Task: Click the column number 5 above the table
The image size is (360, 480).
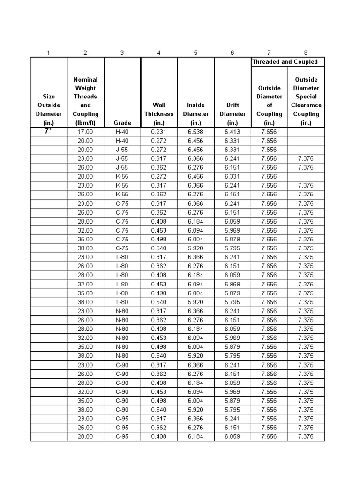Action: coord(195,52)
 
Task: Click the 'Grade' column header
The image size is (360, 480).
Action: coord(122,123)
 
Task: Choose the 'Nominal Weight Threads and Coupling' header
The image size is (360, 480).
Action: coord(85,101)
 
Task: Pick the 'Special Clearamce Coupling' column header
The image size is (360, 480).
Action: coord(306,101)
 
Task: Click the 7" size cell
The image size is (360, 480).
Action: coord(49,132)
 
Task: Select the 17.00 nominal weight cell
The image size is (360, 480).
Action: coord(85,132)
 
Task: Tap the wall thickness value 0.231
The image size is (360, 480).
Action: coord(159,132)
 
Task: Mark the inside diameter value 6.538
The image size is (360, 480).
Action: coord(195,132)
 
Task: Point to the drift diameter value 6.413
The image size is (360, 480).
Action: coord(232,132)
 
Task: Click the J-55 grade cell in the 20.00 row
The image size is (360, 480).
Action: coord(122,150)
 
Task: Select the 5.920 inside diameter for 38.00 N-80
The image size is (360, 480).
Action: coord(195,356)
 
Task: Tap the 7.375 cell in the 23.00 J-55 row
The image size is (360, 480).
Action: coord(306,158)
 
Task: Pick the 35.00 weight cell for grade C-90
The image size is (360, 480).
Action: coord(85,401)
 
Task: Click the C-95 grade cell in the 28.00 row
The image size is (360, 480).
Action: coord(122,436)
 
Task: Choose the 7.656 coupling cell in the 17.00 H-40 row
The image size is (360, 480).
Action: coord(269,132)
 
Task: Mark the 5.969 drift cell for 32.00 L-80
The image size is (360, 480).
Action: coord(232,284)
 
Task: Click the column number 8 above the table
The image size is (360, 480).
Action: coord(306,52)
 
